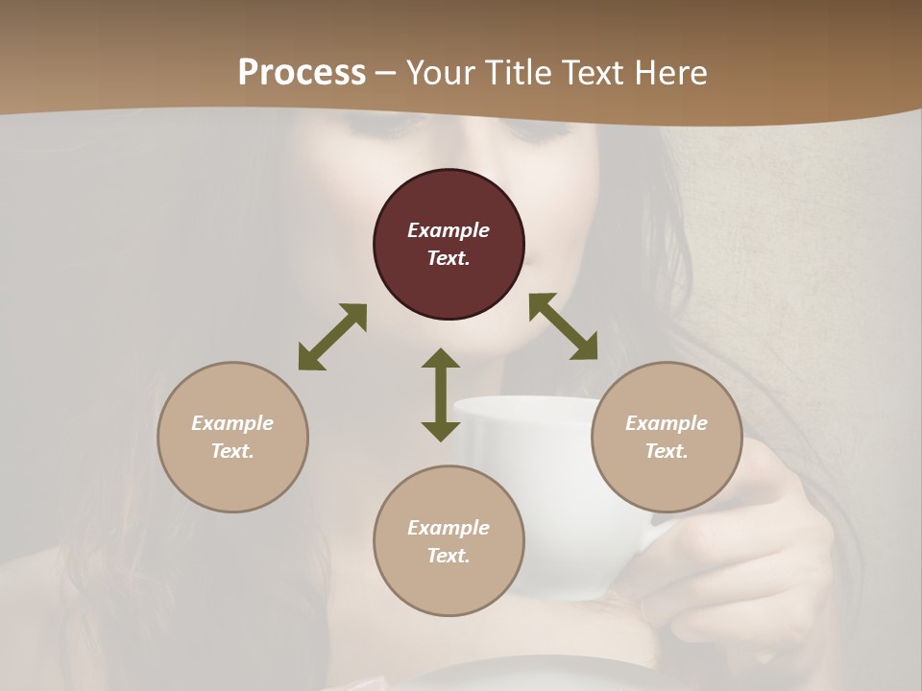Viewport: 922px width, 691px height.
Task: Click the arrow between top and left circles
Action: tap(332, 337)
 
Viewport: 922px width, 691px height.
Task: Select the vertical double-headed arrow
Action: tap(441, 394)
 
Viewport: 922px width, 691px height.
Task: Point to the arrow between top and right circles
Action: tap(564, 326)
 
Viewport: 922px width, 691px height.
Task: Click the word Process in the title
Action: tap(302, 72)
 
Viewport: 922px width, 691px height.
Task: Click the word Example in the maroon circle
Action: tap(449, 230)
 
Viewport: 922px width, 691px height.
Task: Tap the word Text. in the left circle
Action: tap(232, 451)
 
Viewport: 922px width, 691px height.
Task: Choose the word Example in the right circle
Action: tap(667, 423)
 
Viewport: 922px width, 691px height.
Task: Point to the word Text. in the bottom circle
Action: tap(449, 556)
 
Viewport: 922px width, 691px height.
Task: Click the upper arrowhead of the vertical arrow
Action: tap(441, 360)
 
